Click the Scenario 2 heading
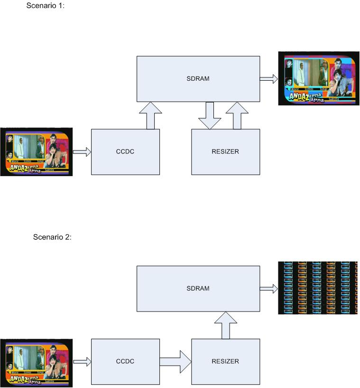coord(52,237)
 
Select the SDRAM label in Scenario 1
coord(198,79)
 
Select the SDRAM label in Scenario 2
coord(198,288)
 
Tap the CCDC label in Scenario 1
coord(125,152)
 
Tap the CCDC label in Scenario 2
coord(125,361)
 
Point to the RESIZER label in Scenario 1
coord(225,152)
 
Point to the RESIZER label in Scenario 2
coord(225,361)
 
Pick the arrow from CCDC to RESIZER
coord(175,362)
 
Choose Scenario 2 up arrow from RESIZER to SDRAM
coord(225,326)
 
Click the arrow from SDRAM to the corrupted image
coord(269,288)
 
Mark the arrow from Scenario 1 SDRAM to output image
coord(269,79)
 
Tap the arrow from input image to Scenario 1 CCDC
coord(81,152)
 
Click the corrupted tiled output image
coord(317,288)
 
